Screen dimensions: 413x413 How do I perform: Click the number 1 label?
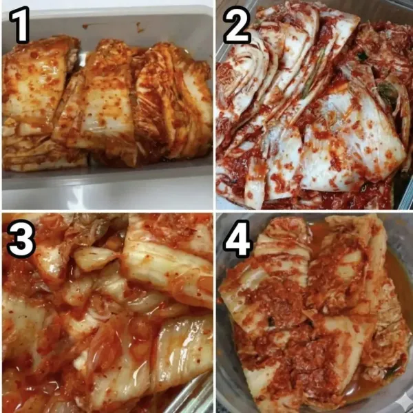coord(20,25)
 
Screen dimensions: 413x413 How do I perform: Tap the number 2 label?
coord(237,25)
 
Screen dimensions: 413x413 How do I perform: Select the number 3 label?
coord(21,238)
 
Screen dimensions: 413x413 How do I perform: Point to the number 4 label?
coord(237,239)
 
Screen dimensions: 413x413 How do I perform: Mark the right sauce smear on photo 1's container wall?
coord(140,27)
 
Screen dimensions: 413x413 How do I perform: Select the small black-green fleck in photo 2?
coord(363,56)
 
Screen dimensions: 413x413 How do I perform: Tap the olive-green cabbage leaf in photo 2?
coord(386,91)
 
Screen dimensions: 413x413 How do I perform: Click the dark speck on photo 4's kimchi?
coord(271,321)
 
